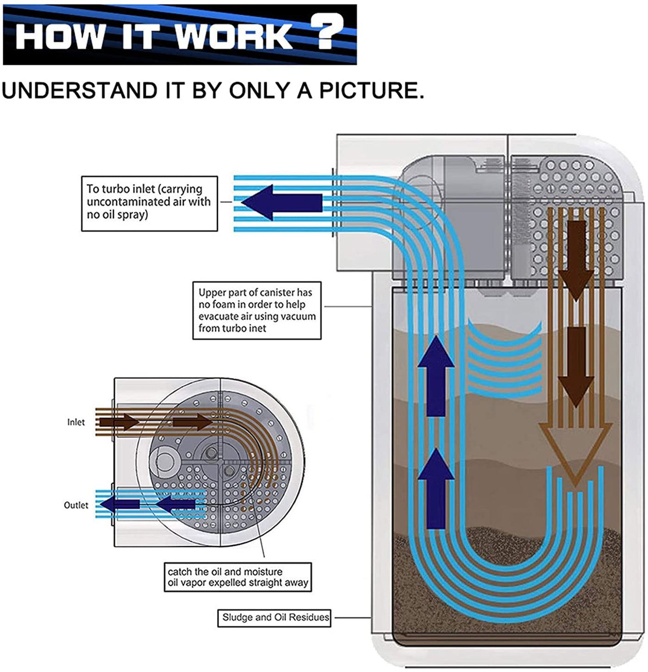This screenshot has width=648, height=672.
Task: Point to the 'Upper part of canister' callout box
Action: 256,311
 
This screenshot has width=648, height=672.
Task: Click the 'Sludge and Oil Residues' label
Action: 274,617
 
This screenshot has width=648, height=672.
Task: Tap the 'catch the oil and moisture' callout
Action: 238,577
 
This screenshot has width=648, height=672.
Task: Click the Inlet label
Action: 76,422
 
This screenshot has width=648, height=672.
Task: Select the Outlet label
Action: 76,505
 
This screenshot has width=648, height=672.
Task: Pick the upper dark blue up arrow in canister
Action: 436,375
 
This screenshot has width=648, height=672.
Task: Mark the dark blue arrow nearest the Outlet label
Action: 119,505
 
